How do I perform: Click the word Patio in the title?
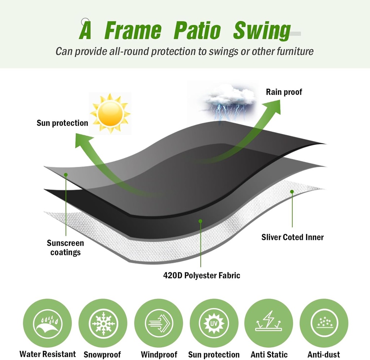[197, 31]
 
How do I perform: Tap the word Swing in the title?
[262, 31]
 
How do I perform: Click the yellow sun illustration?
[110, 113]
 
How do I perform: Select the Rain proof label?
[284, 92]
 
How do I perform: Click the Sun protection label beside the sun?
[62, 123]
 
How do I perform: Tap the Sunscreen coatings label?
[65, 247]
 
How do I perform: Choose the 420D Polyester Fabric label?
[201, 275]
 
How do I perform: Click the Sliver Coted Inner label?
[292, 237]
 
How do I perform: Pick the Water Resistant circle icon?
[47, 323]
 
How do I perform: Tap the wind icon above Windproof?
[158, 323]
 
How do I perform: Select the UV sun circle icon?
[214, 323]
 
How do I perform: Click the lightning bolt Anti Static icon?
[269, 323]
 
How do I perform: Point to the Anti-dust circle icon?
[324, 323]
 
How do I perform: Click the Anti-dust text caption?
[324, 355]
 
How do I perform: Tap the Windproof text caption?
[159, 355]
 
